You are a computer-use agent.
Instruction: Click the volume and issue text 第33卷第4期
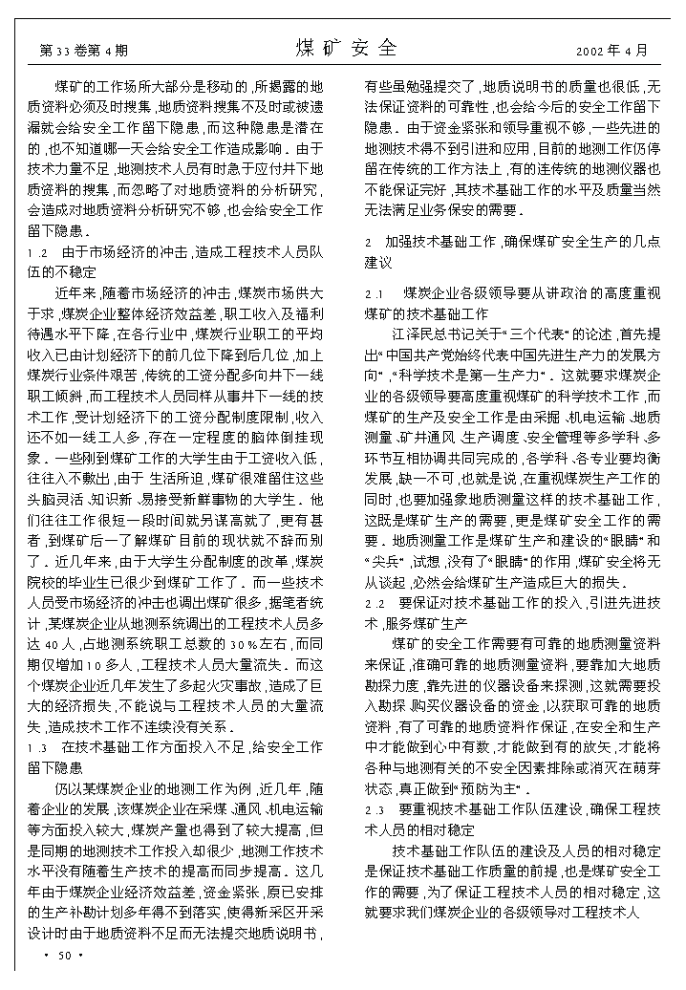tap(83, 50)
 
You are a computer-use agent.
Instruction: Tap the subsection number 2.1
tap(375, 292)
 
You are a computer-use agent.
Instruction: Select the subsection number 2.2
tap(375, 603)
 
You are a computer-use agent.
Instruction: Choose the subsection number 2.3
tap(375, 809)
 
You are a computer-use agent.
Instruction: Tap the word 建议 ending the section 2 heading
tap(380, 261)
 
